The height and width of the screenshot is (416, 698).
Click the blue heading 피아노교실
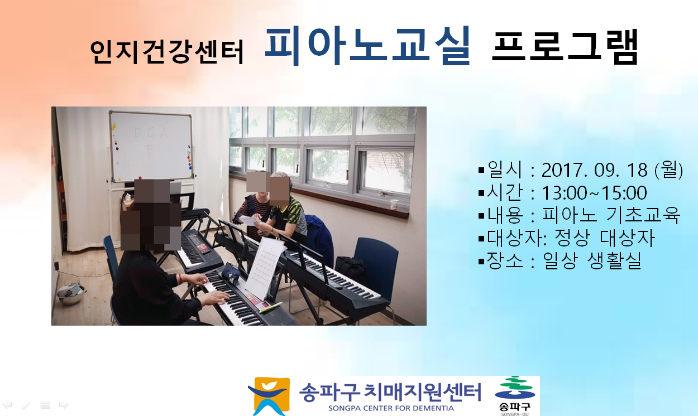coord(367,45)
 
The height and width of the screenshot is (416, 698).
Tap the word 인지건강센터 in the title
coord(167,52)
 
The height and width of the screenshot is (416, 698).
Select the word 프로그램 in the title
coord(565,47)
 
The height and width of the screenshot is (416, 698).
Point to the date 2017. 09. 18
coord(595,170)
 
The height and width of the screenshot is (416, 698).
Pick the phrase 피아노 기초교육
coord(611,215)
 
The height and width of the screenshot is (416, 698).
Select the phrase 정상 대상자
coord(605,238)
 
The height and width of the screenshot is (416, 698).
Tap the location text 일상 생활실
coord(592,260)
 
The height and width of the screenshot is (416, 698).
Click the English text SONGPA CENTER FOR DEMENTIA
coord(391,408)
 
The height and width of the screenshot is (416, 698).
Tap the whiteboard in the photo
coord(151,146)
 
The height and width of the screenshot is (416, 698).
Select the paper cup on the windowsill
coord(394,204)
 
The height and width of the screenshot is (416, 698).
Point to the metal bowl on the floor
coord(70,294)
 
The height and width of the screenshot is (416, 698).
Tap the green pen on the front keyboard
coord(270,307)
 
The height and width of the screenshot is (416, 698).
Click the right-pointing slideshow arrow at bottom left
coord(64,404)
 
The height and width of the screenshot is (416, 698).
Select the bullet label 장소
coord(505,260)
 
